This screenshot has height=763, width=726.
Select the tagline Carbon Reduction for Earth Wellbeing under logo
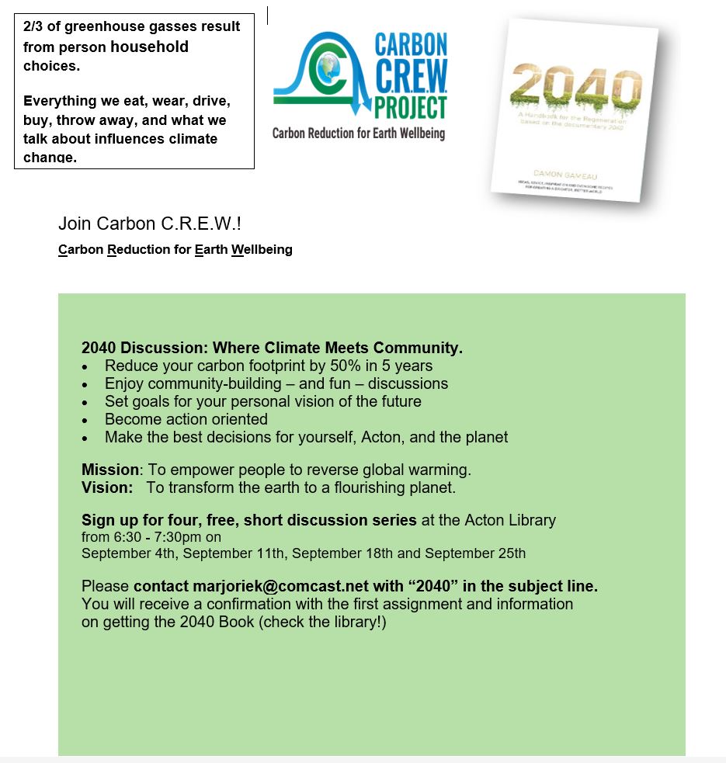pyautogui.click(x=358, y=134)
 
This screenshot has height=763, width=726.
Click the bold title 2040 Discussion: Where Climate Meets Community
pyautogui.click(x=272, y=348)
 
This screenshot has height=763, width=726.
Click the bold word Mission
pyautogui.click(x=109, y=470)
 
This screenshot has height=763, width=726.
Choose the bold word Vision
pyautogui.click(x=105, y=488)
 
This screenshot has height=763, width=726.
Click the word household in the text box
pyautogui.click(x=150, y=47)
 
